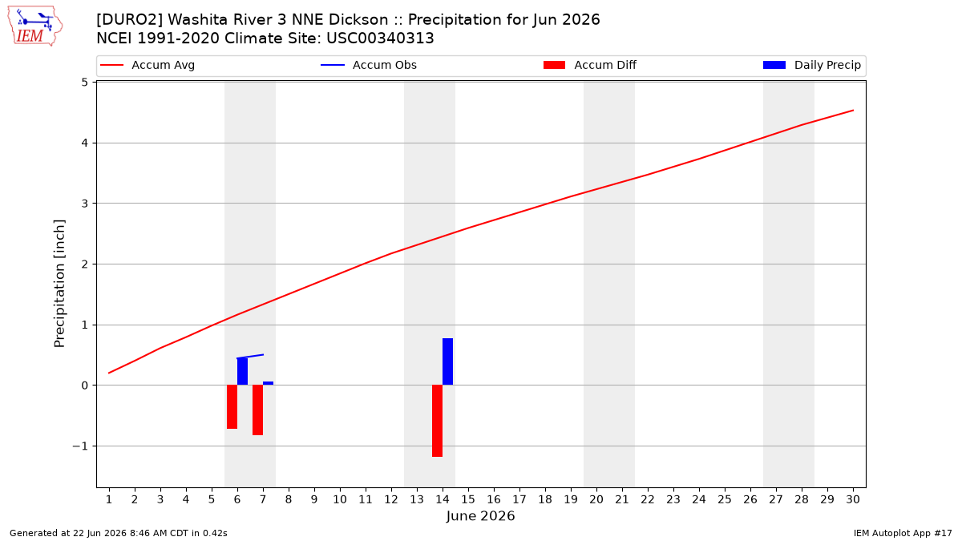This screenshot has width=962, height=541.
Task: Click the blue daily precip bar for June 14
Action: (x=447, y=361)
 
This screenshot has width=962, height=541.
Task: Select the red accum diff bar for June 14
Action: (x=437, y=421)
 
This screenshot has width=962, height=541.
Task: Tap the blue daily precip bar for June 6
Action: (x=242, y=371)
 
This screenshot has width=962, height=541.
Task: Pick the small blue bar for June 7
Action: (x=268, y=383)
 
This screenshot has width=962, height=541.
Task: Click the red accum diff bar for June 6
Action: (x=232, y=406)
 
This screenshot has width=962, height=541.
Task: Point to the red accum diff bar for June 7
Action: (x=257, y=410)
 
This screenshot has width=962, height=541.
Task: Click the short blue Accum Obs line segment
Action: (x=250, y=357)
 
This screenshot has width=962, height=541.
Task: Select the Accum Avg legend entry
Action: (x=148, y=65)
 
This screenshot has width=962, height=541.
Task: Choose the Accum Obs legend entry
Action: (x=369, y=65)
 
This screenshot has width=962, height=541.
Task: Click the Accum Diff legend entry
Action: (x=590, y=65)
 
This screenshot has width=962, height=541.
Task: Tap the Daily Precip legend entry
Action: (x=811, y=65)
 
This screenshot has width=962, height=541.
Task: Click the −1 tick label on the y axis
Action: (x=80, y=446)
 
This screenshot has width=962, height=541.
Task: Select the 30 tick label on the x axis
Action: (x=853, y=499)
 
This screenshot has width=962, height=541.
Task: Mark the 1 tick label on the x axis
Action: (x=109, y=499)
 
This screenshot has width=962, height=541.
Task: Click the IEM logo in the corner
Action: (x=35, y=26)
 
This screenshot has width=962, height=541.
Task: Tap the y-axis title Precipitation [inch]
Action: (x=59, y=284)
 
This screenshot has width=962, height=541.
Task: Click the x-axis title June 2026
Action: (x=480, y=515)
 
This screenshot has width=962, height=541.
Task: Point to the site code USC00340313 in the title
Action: (x=380, y=38)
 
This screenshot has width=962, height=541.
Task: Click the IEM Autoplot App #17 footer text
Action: (x=903, y=533)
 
